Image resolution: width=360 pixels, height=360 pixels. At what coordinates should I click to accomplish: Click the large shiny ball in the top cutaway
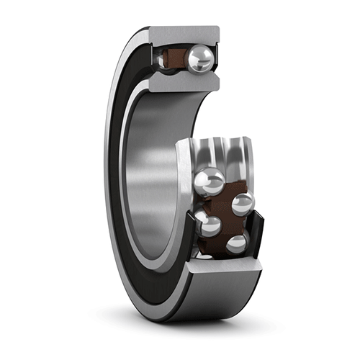pos(199,59)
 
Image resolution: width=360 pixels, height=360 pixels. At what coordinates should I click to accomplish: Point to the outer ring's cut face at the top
pos(183,33)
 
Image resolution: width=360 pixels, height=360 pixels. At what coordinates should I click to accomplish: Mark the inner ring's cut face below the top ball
pos(183,81)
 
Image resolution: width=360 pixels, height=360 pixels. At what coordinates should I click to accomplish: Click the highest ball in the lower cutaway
pos(210,181)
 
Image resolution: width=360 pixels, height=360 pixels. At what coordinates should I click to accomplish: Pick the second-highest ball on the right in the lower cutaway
pos(241,204)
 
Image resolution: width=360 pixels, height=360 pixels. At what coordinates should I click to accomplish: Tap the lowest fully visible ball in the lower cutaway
pos(236,244)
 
